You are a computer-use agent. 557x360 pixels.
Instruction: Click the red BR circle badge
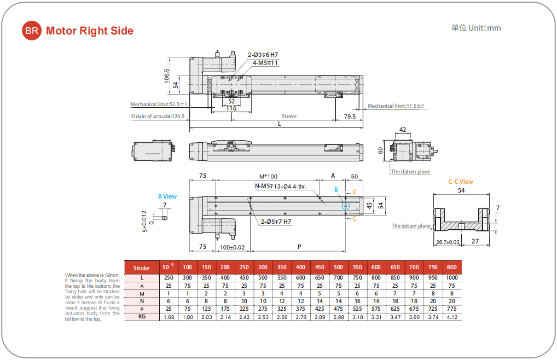pyautogui.click(x=31, y=31)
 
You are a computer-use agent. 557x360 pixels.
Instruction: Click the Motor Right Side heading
pyautogui.click(x=90, y=31)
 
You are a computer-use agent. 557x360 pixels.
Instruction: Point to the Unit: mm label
pyautogui.click(x=476, y=28)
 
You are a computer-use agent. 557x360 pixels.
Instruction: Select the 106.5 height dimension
pyautogui.click(x=167, y=77)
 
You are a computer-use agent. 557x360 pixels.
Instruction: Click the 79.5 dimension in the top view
pyautogui.click(x=349, y=117)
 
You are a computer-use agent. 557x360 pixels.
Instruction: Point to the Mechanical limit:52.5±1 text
pyautogui.click(x=159, y=104)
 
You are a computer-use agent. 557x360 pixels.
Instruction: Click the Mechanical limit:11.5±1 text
pyautogui.click(x=396, y=106)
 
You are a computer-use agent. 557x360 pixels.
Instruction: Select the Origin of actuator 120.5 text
pyautogui.click(x=158, y=117)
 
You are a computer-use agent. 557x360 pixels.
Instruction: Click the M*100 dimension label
pyautogui.click(x=268, y=176)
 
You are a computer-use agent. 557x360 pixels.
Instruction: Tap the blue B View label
pyautogui.click(x=167, y=196)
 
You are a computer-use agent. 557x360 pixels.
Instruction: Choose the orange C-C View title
pyautogui.click(x=461, y=182)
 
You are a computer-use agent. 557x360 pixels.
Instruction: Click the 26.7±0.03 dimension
pyautogui.click(x=448, y=241)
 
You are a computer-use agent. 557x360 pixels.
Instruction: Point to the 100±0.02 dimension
pyautogui.click(x=231, y=247)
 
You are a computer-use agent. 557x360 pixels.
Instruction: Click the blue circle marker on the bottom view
pyautogui.click(x=345, y=206)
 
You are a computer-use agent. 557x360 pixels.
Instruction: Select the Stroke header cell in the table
pyautogui.click(x=141, y=268)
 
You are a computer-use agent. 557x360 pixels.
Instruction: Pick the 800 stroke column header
pyautogui.click(x=451, y=267)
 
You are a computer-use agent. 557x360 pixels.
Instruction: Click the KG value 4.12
pyautogui.click(x=451, y=316)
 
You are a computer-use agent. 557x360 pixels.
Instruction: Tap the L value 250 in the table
pyautogui.click(x=169, y=277)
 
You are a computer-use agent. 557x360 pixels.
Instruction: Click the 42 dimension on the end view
pyautogui.click(x=403, y=130)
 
